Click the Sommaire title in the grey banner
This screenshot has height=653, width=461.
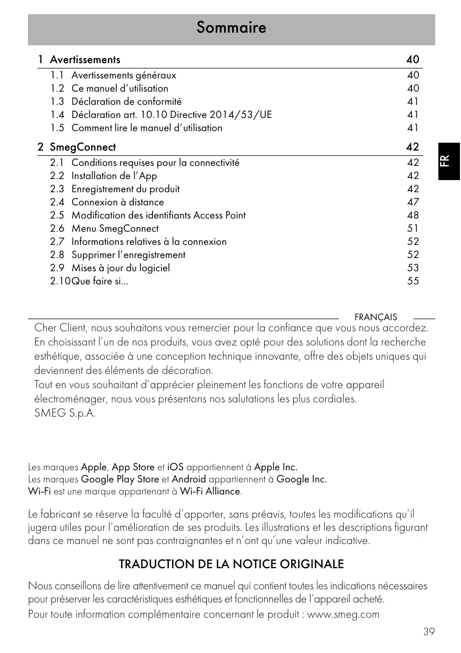tap(231, 27)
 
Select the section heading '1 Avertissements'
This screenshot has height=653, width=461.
tap(79, 60)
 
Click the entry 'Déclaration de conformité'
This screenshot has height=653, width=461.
tap(126, 102)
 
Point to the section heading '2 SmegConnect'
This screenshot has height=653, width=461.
tap(77, 147)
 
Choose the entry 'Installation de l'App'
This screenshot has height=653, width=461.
tap(114, 176)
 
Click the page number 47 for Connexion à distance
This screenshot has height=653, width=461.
tap(413, 202)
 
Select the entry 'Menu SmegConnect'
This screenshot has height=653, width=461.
tap(115, 229)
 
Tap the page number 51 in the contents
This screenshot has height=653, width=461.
tap(413, 229)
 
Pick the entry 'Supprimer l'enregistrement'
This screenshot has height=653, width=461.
tap(128, 255)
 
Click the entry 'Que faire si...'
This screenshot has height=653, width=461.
tap(99, 281)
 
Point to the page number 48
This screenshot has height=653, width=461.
tap(413, 215)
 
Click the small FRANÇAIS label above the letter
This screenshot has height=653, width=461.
tap(376, 317)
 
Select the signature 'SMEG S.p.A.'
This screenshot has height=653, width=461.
tap(65, 413)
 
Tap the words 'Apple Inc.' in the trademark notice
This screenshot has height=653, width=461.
tap(276, 467)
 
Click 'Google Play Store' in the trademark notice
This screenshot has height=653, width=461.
tap(120, 479)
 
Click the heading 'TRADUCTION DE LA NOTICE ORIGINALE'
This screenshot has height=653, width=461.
tap(231, 565)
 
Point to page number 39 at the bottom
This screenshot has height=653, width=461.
tap(429, 631)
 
